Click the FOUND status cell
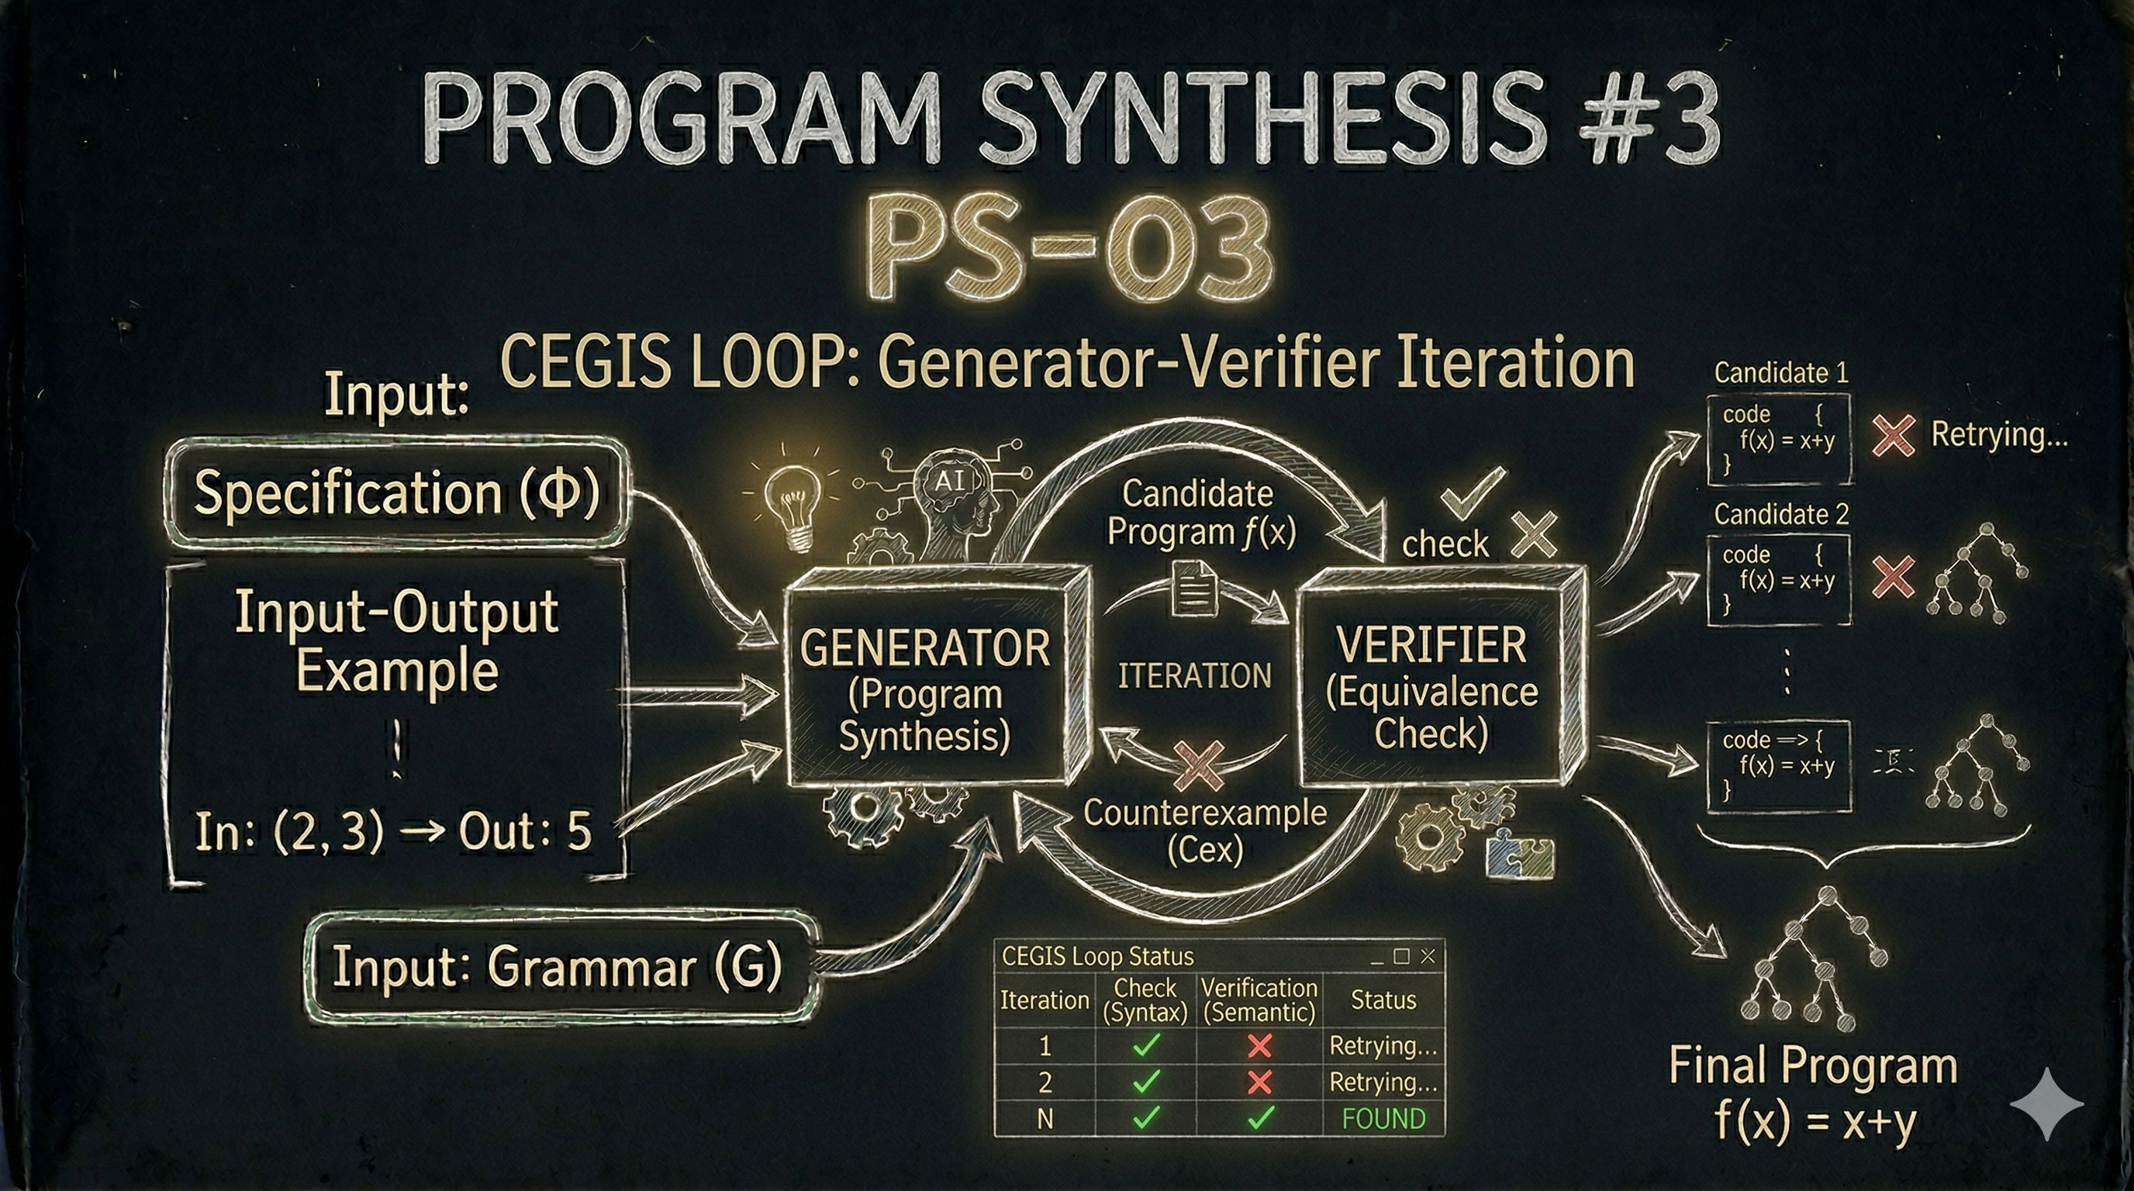[x=1383, y=1119]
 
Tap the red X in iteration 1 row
[x=1259, y=1045]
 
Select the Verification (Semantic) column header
[x=1259, y=999]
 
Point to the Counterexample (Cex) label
[x=1204, y=830]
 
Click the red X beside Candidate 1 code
[x=1894, y=436]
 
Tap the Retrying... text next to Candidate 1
[x=1998, y=435]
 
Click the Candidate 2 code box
[x=1779, y=579]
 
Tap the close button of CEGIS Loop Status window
[x=1428, y=957]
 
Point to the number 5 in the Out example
[x=579, y=831]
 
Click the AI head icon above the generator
[x=953, y=497]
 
